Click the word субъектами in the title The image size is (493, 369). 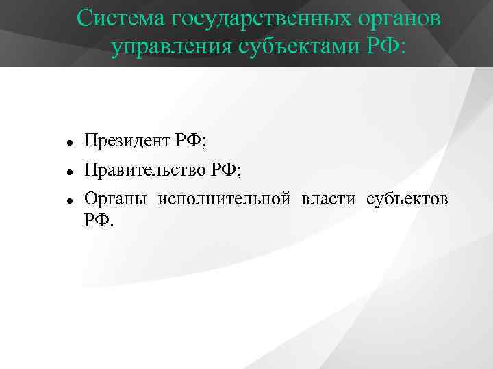(294, 48)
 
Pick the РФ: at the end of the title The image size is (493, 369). (385, 48)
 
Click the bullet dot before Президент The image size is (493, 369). (70, 142)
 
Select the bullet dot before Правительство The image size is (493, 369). (70, 172)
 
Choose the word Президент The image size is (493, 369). (127, 141)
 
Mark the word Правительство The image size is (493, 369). (144, 170)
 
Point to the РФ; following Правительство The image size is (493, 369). (225, 170)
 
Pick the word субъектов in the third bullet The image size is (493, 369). (407, 200)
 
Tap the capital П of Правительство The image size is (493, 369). (90, 170)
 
